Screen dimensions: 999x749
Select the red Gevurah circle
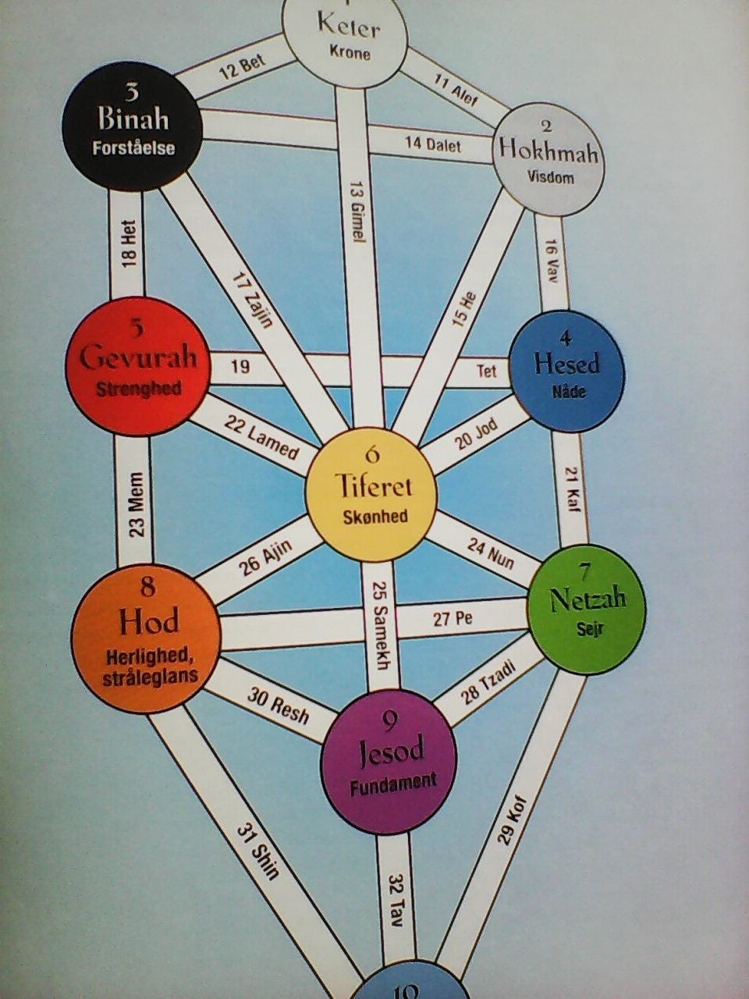point(138,368)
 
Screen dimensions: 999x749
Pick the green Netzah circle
point(587,610)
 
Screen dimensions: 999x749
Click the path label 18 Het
point(130,243)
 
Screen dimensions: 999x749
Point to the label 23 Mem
point(136,503)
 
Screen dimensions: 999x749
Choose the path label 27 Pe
point(453,619)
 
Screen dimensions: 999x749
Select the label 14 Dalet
point(433,145)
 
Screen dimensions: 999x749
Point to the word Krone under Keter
point(350,54)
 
